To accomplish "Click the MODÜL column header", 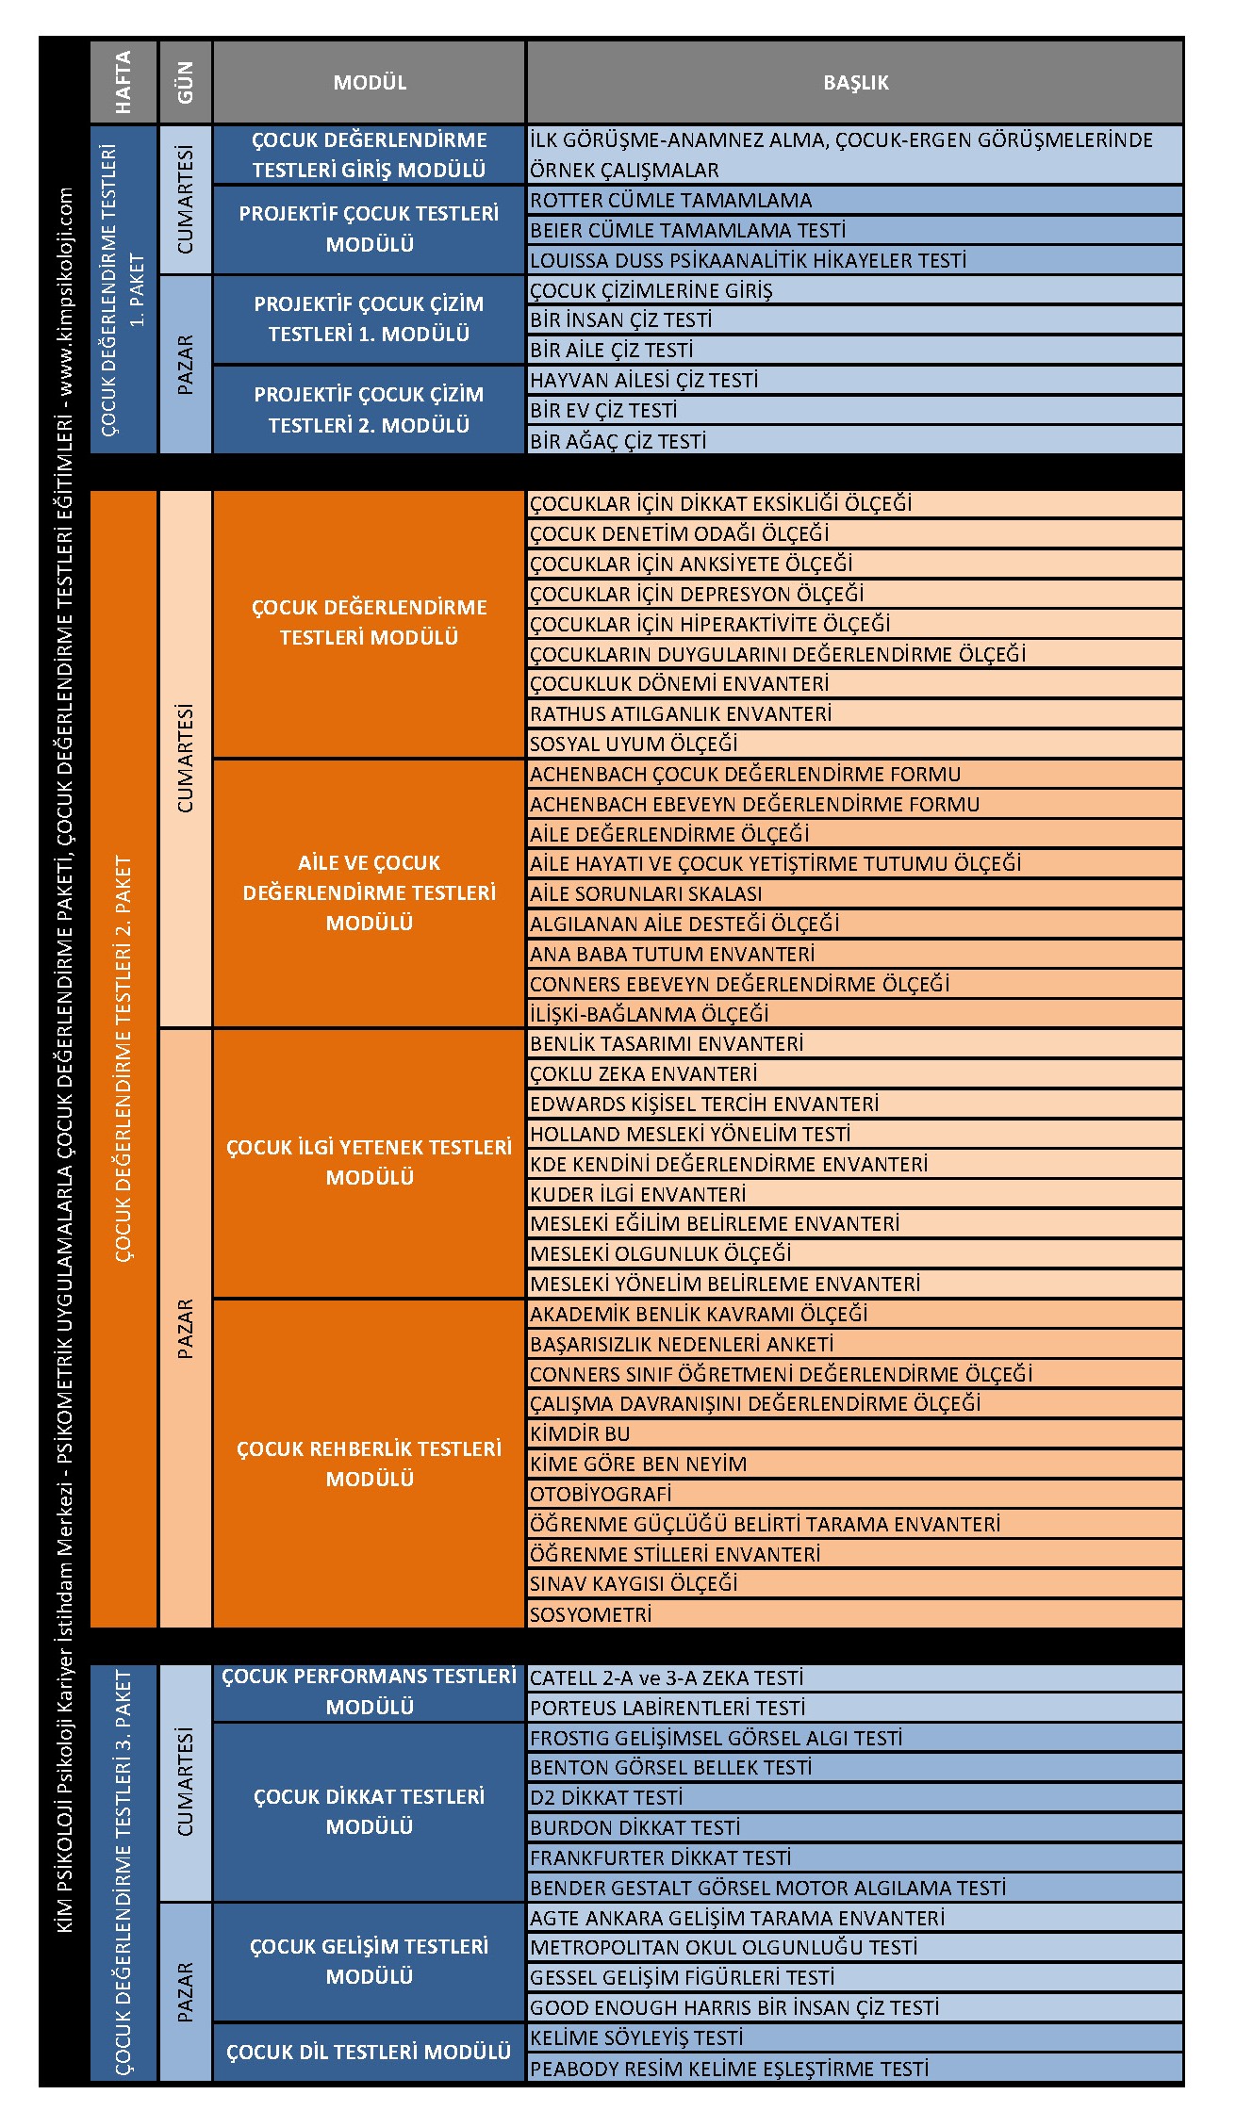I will (x=370, y=83).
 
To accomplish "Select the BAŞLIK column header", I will (x=855, y=83).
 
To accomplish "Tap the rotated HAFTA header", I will (x=124, y=83).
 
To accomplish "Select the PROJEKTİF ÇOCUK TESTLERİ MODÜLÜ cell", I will (x=369, y=229).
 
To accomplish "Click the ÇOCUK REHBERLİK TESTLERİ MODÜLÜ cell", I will (x=369, y=1464).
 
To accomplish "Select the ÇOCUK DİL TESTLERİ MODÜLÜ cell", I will (x=369, y=2052).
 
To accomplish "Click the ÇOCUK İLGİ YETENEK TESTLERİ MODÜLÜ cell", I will (x=369, y=1163).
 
